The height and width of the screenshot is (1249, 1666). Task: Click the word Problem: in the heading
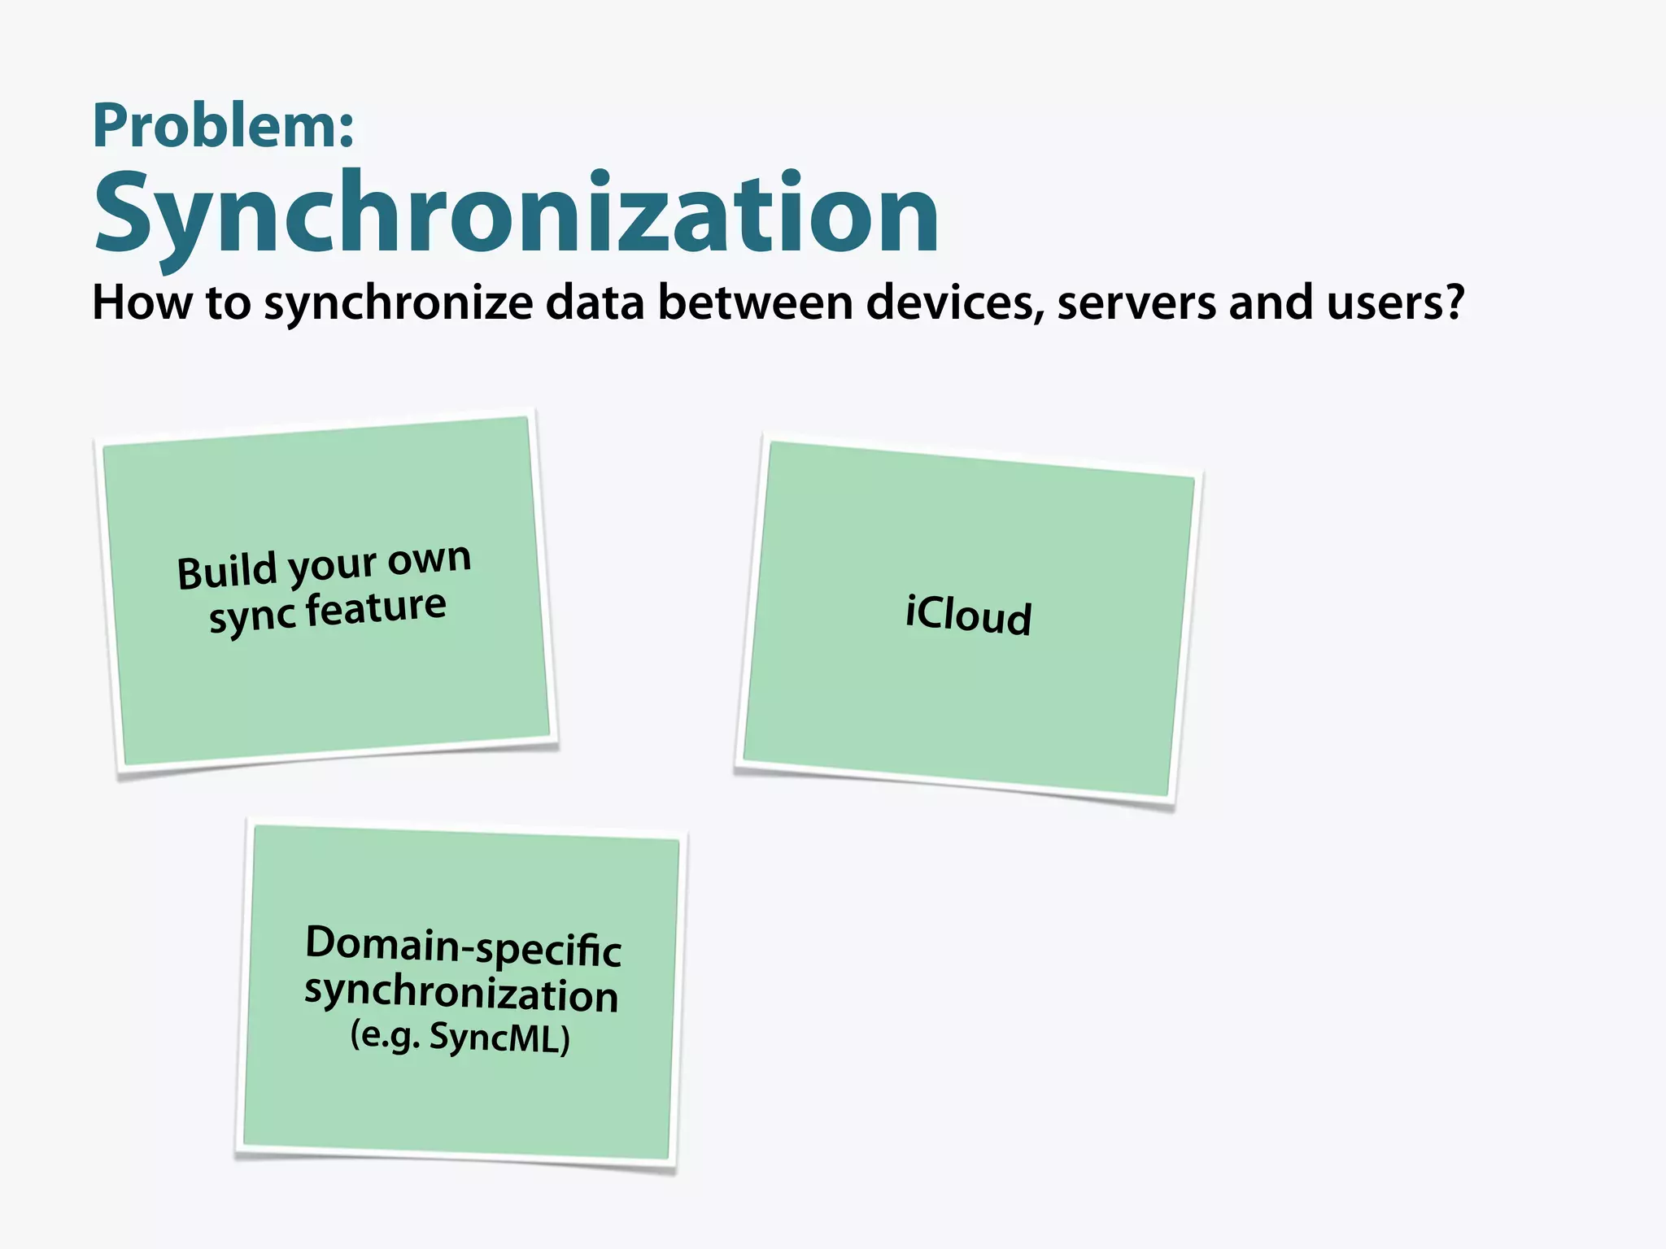[x=224, y=126]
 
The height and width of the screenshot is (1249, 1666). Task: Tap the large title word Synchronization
[x=517, y=213]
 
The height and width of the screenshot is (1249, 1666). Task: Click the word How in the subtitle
[x=142, y=302]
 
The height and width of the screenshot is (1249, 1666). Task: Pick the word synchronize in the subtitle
[x=399, y=304]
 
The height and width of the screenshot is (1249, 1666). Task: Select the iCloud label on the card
[x=968, y=616]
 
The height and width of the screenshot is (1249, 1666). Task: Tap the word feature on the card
[x=376, y=608]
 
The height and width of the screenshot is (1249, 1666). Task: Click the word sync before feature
[x=252, y=618]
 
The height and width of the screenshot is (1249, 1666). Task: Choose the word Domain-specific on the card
[x=463, y=947]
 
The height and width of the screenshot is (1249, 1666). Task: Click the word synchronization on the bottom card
[x=461, y=994]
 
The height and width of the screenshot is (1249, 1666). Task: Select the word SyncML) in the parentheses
[x=499, y=1038]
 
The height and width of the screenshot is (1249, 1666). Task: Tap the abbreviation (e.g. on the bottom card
[x=385, y=1035]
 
